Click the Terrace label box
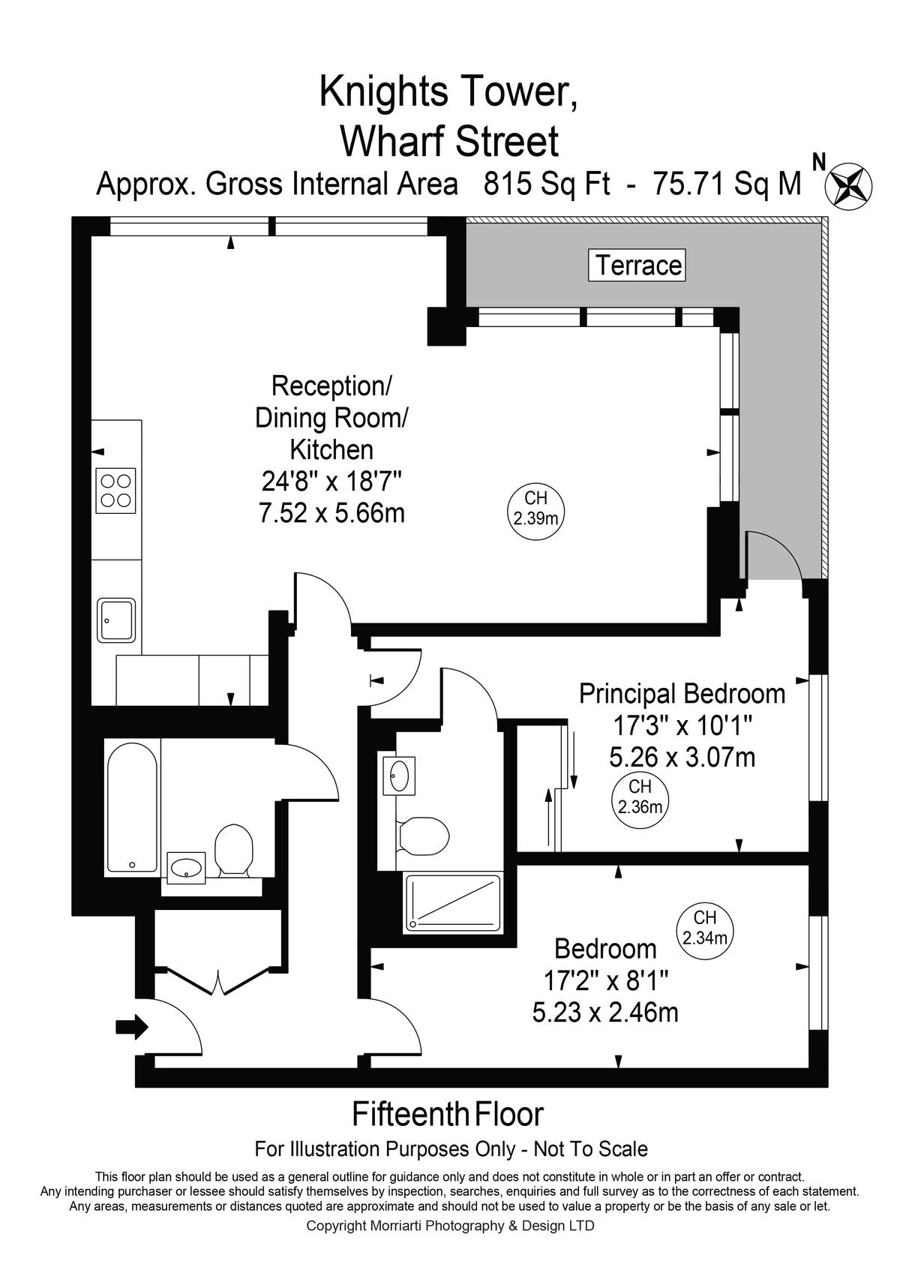click(637, 265)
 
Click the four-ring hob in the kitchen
click(115, 491)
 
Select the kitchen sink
click(116, 620)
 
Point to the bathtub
click(132, 807)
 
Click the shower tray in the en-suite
click(452, 902)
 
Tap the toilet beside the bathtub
click(233, 851)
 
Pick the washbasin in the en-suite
click(399, 775)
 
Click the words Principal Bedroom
click(682, 694)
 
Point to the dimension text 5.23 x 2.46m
click(605, 1012)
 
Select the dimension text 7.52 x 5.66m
click(331, 513)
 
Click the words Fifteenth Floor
click(448, 1114)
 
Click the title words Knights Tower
click(448, 92)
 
